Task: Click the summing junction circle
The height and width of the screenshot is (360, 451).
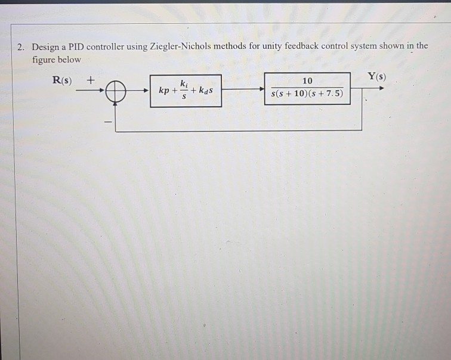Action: tap(116, 92)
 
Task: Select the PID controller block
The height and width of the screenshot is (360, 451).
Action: tap(186, 91)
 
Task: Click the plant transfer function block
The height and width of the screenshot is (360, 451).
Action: tap(307, 88)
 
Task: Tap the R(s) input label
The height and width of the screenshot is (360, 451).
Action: tap(63, 80)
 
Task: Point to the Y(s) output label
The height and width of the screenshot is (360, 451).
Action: tap(377, 76)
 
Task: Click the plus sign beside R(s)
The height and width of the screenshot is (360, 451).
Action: tap(91, 79)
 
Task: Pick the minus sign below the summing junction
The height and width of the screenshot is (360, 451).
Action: tap(107, 122)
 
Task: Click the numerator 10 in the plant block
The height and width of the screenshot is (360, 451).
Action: tap(307, 81)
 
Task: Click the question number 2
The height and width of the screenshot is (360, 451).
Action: tap(21, 46)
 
